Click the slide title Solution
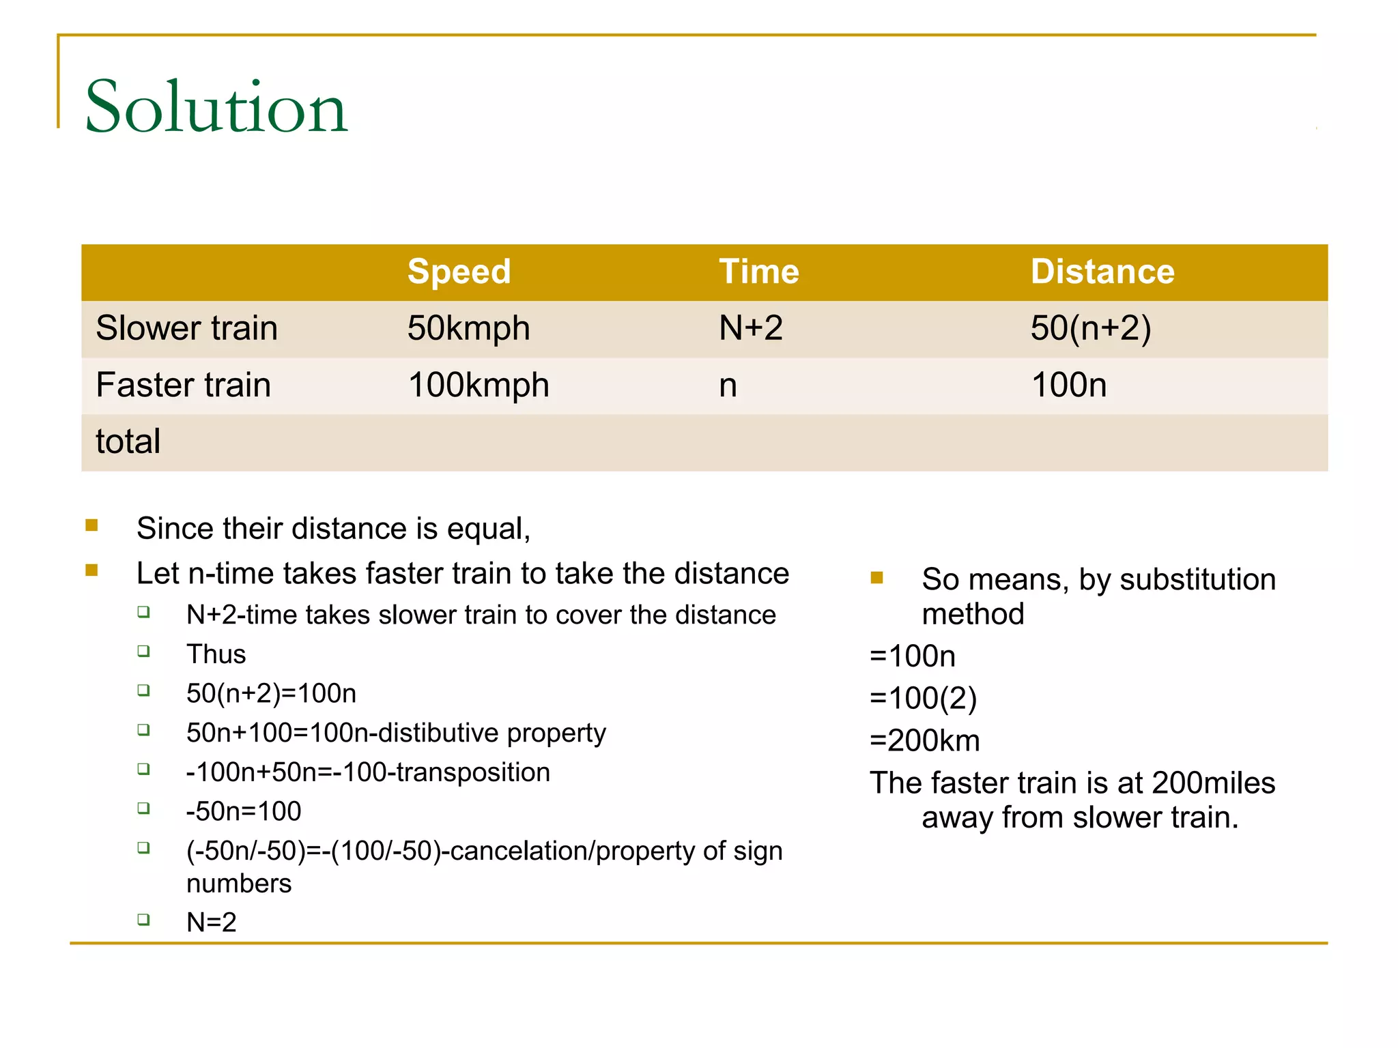click(x=216, y=107)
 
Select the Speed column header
click(x=459, y=272)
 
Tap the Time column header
click(x=758, y=272)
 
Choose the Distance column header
click(x=1102, y=272)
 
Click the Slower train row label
click(x=186, y=328)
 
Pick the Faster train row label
click(x=183, y=385)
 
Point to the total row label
click(x=128, y=441)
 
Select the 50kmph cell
click(x=468, y=328)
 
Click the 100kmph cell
click(x=478, y=385)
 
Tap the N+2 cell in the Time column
click(x=750, y=328)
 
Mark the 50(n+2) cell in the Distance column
click(x=1091, y=328)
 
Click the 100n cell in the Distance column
click(x=1068, y=385)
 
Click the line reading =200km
click(x=924, y=741)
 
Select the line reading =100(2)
click(x=923, y=699)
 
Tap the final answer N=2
click(x=211, y=922)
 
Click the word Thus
click(x=216, y=654)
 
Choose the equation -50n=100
click(x=243, y=811)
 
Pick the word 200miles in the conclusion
click(x=1213, y=783)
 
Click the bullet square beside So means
click(x=877, y=579)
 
